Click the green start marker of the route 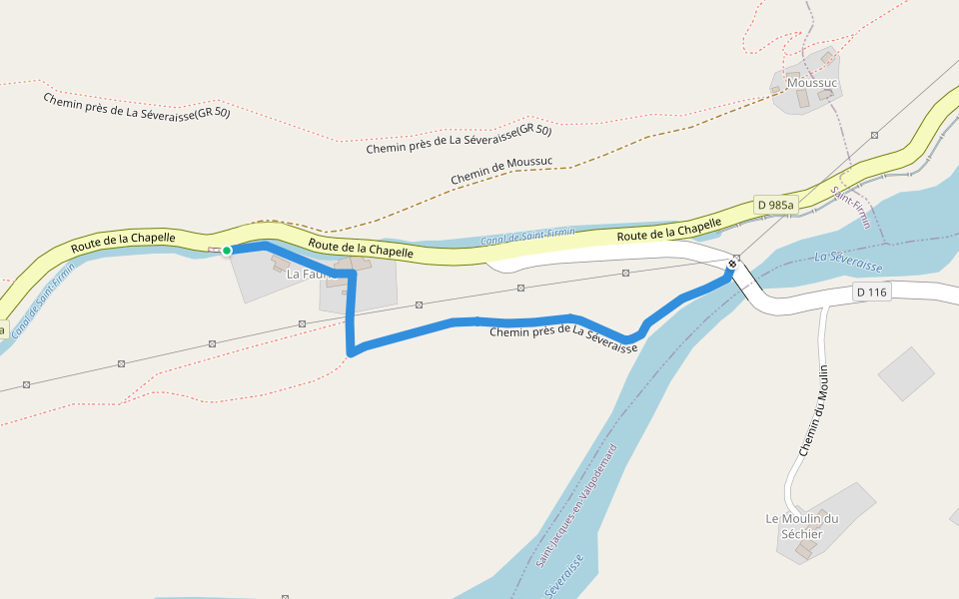click(x=227, y=251)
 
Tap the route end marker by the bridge click(x=732, y=265)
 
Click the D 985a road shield click(x=775, y=206)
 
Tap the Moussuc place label click(x=810, y=82)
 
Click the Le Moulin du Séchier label click(x=801, y=526)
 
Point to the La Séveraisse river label click(x=848, y=262)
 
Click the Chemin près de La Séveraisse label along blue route click(x=562, y=336)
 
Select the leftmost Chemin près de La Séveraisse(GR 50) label click(x=136, y=106)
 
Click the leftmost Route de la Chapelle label click(x=123, y=241)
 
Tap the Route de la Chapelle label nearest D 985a click(x=668, y=229)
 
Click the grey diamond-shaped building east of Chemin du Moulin click(x=906, y=373)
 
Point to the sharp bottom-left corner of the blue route click(x=351, y=351)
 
